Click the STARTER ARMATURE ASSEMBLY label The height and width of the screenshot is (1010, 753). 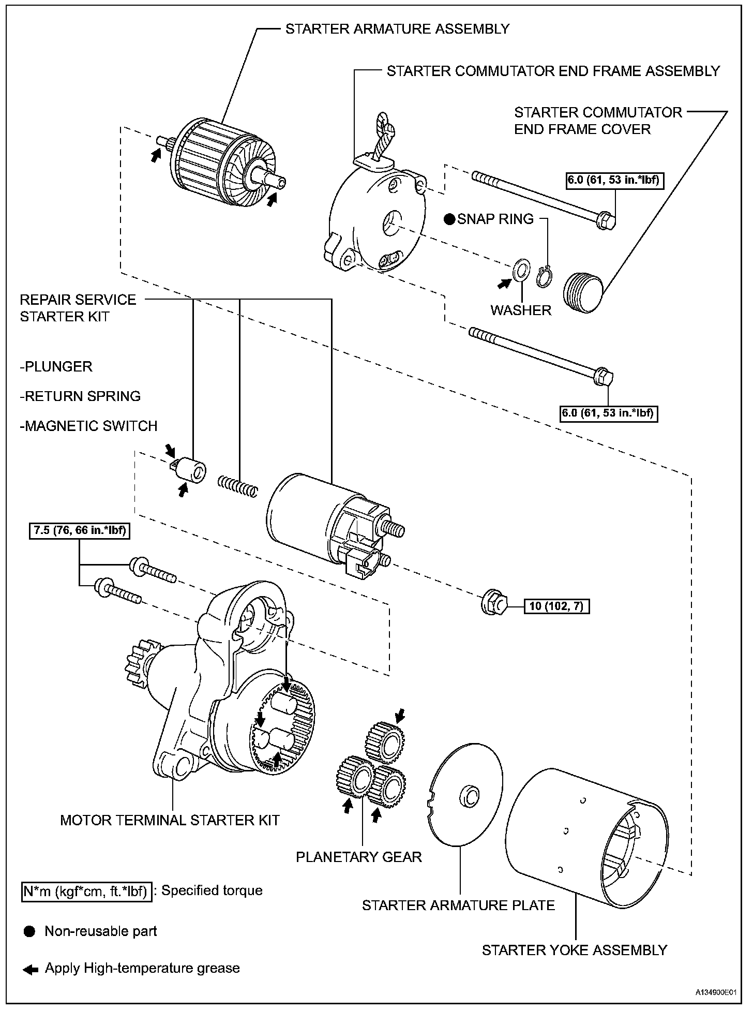pyautogui.click(x=397, y=29)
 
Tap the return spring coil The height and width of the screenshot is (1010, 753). pyautogui.click(x=237, y=486)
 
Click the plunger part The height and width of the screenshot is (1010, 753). pyautogui.click(x=190, y=469)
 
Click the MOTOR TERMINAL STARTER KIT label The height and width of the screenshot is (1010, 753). pyautogui.click(x=170, y=820)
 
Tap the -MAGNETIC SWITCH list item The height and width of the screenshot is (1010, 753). pyautogui.click(x=88, y=426)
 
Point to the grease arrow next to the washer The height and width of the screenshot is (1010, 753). pyautogui.click(x=504, y=283)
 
